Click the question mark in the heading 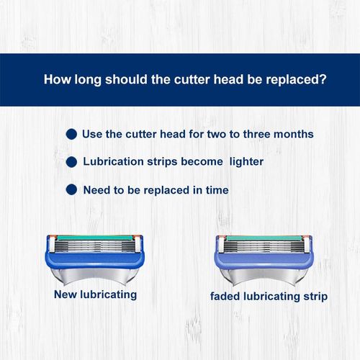coord(323,79)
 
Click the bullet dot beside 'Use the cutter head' coord(71,134)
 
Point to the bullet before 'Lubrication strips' coord(71,162)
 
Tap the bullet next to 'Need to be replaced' coord(71,189)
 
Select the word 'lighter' coord(246,162)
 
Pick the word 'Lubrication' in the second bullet coord(113,161)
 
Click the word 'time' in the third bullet coord(217,190)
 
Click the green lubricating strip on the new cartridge coord(95,238)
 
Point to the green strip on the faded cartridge coord(264,238)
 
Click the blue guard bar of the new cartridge coord(95,260)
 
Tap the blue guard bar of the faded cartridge coord(264,261)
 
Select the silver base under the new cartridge coord(95,275)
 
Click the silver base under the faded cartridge coord(264,276)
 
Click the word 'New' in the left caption coord(66,294)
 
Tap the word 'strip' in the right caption coord(315,297)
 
